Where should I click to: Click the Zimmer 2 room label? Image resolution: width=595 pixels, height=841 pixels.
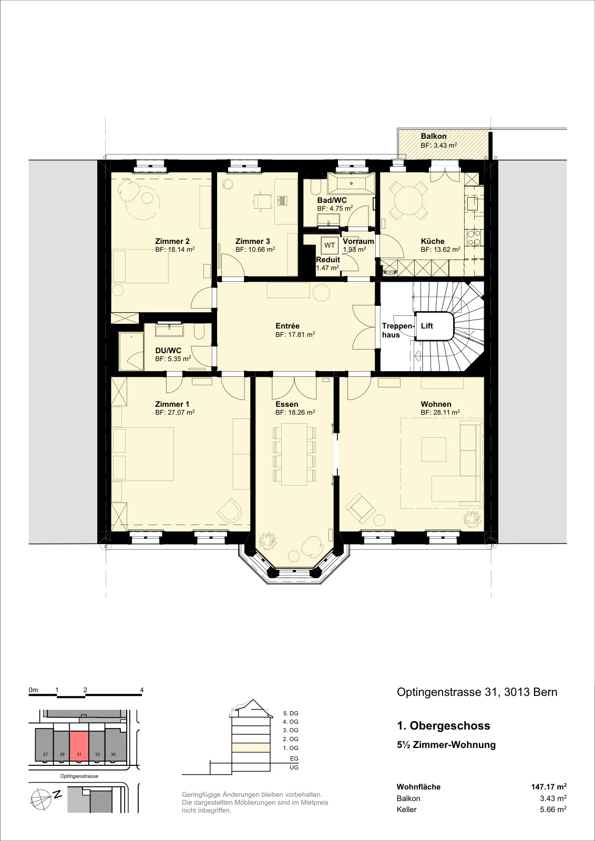coord(172,241)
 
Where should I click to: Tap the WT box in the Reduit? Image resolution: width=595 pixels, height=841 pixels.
coord(330,245)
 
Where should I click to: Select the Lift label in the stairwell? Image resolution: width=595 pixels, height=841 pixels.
coord(427,325)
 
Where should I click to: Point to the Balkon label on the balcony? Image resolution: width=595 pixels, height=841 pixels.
coord(434,136)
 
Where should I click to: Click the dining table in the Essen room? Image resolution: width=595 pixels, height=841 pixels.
coord(295,454)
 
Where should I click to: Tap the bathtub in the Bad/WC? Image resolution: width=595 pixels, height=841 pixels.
coord(351,183)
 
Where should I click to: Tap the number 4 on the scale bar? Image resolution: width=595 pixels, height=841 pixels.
coord(141,690)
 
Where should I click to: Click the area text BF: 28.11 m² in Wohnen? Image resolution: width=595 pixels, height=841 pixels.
coord(440,412)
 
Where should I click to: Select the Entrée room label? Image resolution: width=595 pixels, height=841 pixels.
coord(287,326)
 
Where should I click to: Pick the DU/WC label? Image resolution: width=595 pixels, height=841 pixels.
coord(168,350)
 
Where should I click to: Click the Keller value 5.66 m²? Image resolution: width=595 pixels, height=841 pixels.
coord(553,809)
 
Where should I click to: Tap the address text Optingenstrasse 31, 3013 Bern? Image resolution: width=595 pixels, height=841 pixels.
coord(477,692)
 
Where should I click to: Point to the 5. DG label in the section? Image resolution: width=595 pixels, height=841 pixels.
coord(291,713)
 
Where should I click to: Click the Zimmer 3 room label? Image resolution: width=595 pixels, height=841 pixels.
coord(253,241)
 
